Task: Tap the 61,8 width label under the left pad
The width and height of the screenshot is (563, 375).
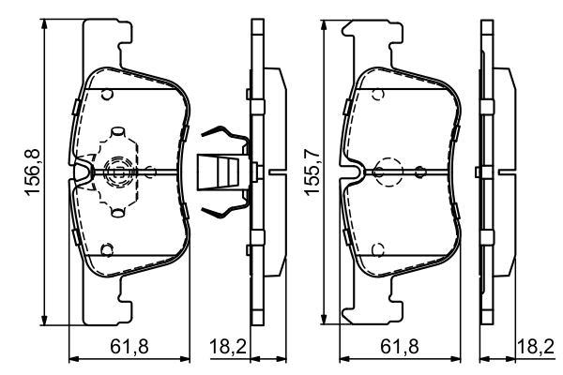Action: pos(130,347)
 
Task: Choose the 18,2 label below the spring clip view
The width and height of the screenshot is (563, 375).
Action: pos(226,347)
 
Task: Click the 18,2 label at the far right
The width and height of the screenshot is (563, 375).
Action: pos(534,347)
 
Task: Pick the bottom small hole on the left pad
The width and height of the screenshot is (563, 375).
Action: pos(107,249)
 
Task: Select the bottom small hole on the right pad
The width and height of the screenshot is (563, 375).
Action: pos(376,248)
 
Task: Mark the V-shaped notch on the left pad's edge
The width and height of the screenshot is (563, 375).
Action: pos(82,172)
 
